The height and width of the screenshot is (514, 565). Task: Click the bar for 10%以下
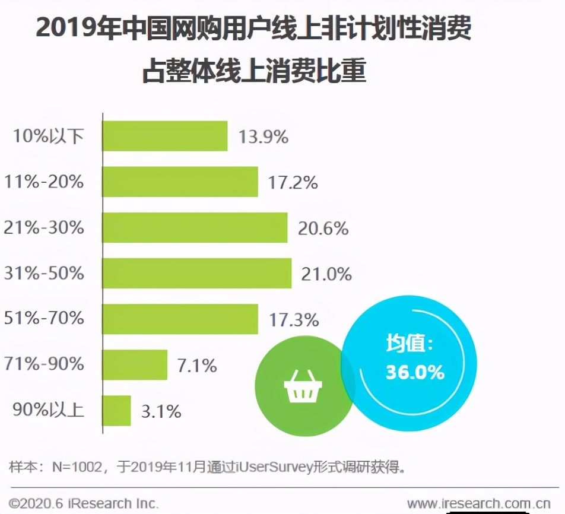(x=165, y=136)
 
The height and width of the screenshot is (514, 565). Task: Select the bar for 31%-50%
(x=197, y=273)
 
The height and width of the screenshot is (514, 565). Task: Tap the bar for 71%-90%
(x=135, y=364)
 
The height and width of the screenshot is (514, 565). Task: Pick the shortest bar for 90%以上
(x=116, y=410)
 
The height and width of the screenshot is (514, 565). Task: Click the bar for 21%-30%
(x=195, y=227)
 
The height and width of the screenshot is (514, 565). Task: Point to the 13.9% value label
(x=264, y=137)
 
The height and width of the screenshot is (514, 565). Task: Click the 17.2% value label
(x=293, y=182)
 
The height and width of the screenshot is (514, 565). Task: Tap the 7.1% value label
(x=197, y=365)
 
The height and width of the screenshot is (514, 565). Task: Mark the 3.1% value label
(x=161, y=411)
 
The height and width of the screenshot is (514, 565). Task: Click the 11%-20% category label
(x=44, y=182)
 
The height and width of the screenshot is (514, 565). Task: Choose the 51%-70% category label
(x=44, y=319)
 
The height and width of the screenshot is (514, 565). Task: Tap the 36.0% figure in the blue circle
(x=415, y=372)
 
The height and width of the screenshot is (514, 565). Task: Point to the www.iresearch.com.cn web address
(x=478, y=504)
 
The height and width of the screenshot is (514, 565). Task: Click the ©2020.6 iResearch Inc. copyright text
(x=84, y=504)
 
